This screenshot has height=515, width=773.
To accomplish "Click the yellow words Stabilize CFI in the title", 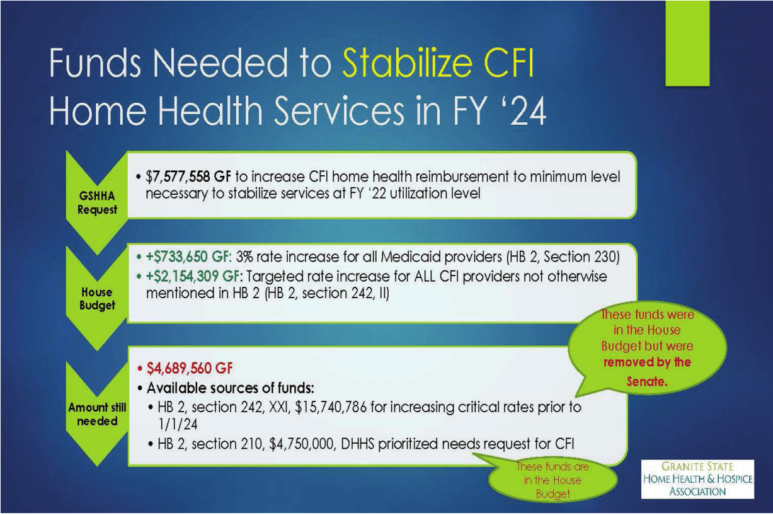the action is [438, 64].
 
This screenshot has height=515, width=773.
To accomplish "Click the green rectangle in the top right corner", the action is [687, 43].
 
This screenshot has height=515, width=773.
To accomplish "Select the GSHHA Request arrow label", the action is [97, 202].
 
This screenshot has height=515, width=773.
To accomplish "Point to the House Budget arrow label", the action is [97, 299].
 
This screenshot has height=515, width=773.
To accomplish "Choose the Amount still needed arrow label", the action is [97, 414].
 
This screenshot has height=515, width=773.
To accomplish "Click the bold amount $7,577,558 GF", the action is [188, 176].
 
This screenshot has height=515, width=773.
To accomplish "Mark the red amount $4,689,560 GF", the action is [190, 368].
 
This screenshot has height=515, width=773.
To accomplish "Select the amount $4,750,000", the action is [302, 444].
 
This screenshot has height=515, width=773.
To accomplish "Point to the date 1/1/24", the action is [178, 424].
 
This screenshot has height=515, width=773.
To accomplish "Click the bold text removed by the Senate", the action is [647, 371].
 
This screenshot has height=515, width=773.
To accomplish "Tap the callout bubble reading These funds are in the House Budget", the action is [553, 480].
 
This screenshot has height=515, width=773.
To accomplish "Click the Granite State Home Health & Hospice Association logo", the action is [697, 479].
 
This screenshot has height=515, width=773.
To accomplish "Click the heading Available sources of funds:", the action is [231, 388].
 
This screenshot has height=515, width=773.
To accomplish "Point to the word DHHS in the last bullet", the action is [357, 444].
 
